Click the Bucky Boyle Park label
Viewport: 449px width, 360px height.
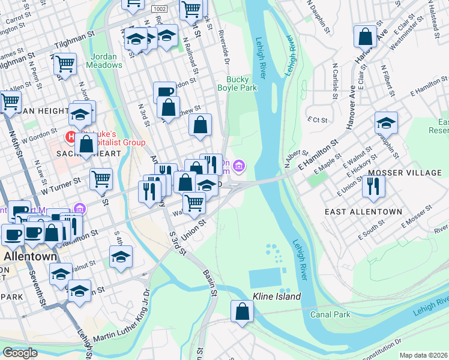(241, 83)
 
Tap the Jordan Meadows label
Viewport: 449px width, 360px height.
(107, 61)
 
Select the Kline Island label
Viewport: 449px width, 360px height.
(276, 296)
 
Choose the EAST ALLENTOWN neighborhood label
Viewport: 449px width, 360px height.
(363, 212)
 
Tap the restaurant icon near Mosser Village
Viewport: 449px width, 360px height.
(373, 186)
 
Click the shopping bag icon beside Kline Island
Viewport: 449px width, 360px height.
(242, 311)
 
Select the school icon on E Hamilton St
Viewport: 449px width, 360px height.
(387, 123)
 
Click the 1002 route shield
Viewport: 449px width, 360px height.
(160, 9)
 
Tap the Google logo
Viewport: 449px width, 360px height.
(20, 353)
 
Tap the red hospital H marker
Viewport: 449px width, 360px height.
(71, 136)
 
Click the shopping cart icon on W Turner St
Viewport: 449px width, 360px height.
(101, 179)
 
